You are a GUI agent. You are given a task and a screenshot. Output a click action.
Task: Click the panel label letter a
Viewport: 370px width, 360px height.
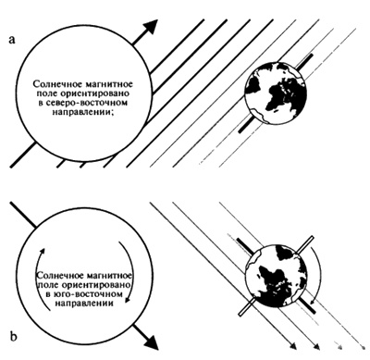[12, 40]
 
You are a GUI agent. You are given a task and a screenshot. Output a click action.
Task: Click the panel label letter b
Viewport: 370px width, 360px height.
[13, 336]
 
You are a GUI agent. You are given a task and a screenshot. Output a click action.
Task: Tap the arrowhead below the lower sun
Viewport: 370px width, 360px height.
[151, 341]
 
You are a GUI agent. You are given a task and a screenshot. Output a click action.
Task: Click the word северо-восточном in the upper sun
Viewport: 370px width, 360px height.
[83, 103]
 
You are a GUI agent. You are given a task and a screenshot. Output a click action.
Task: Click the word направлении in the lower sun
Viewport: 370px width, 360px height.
[83, 303]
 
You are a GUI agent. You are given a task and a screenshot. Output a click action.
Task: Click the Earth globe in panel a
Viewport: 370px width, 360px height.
[276, 93]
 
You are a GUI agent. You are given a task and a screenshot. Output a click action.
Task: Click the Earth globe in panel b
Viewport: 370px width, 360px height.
[276, 275]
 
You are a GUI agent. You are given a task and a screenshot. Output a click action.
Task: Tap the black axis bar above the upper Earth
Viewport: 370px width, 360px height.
[304, 62]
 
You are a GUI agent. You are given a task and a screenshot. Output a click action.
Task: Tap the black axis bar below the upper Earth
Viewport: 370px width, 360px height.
[247, 124]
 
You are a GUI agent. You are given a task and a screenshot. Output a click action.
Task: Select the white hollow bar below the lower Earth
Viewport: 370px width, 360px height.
[247, 305]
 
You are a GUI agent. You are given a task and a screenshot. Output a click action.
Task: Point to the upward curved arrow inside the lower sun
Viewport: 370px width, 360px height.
[38, 275]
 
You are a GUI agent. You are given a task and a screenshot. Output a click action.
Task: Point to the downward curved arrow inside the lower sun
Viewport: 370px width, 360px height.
[130, 268]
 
